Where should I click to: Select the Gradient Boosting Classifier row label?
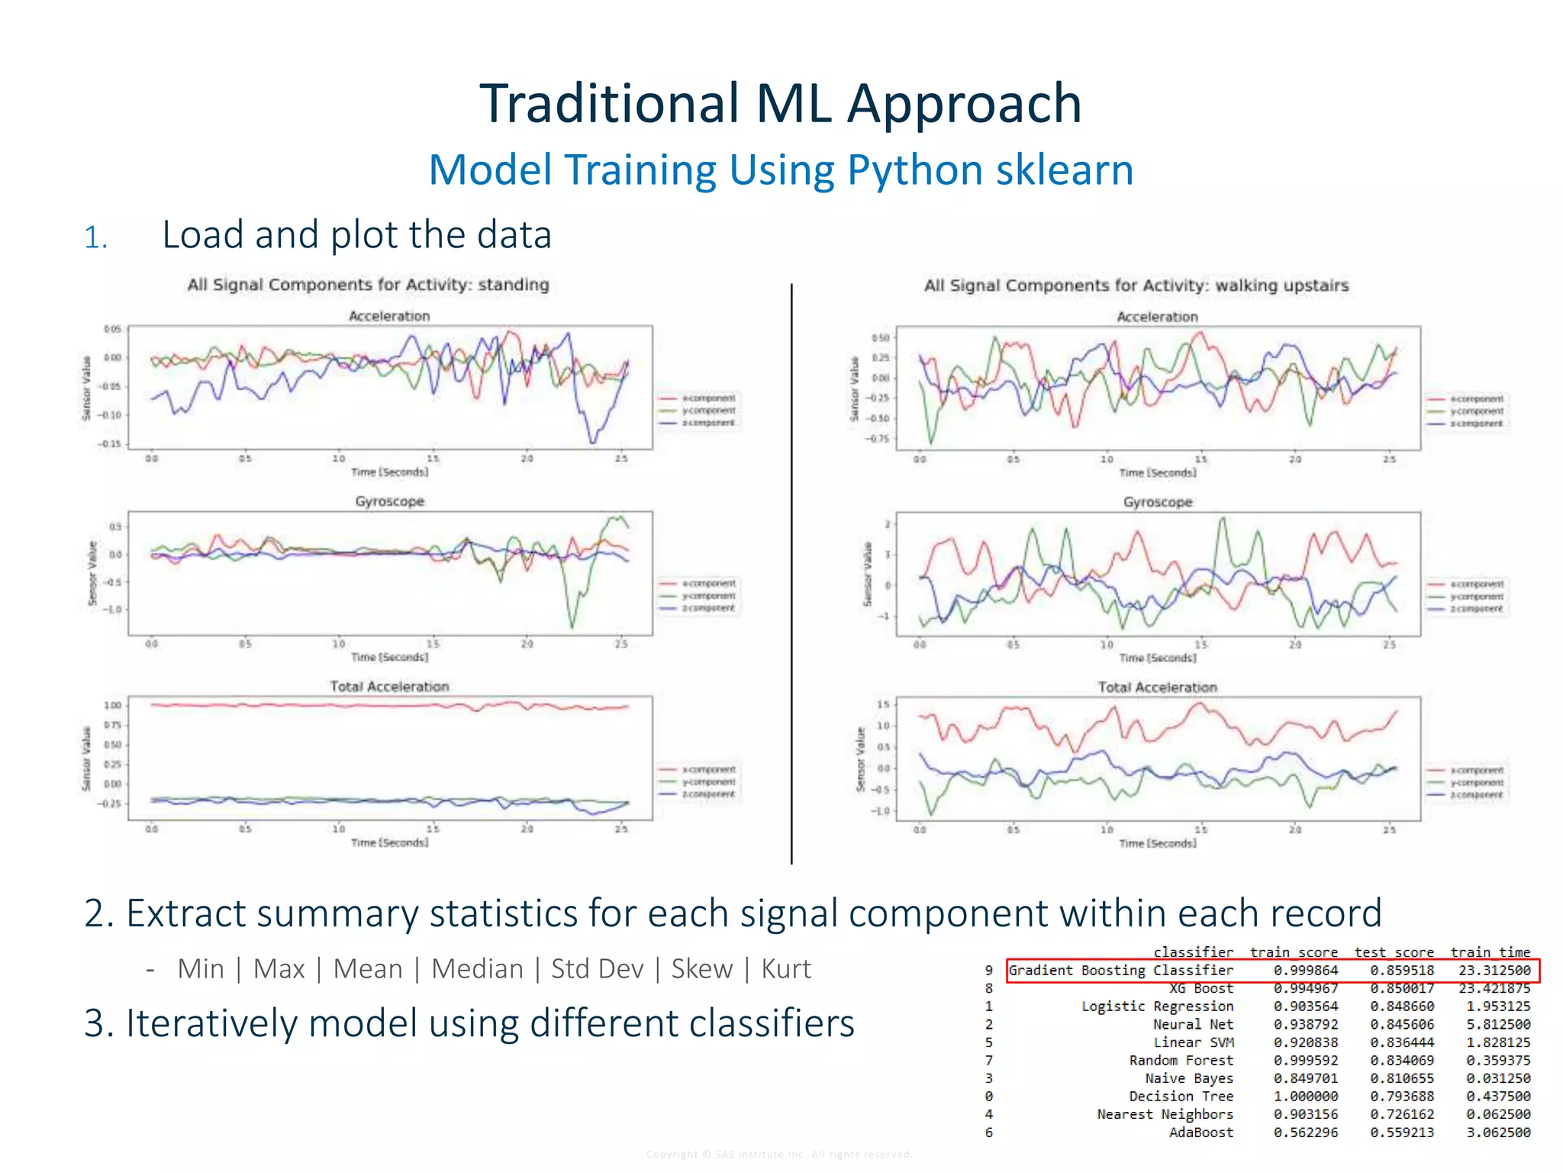point(1120,971)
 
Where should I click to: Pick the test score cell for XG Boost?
point(1401,989)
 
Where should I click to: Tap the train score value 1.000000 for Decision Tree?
point(1305,1097)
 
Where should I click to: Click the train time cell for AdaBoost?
point(1497,1133)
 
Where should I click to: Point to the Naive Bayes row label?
point(1188,1078)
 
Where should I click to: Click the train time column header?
point(1490,952)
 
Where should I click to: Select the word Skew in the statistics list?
point(701,969)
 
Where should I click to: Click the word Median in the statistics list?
point(477,969)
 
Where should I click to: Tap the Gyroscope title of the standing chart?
point(389,502)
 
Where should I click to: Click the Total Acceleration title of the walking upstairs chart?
point(1157,687)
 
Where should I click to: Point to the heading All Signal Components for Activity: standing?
point(368,285)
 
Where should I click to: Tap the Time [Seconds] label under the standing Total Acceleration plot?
point(389,842)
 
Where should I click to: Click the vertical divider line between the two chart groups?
point(791,573)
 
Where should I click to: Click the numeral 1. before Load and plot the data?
point(95,238)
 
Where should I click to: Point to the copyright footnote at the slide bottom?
point(779,1154)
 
